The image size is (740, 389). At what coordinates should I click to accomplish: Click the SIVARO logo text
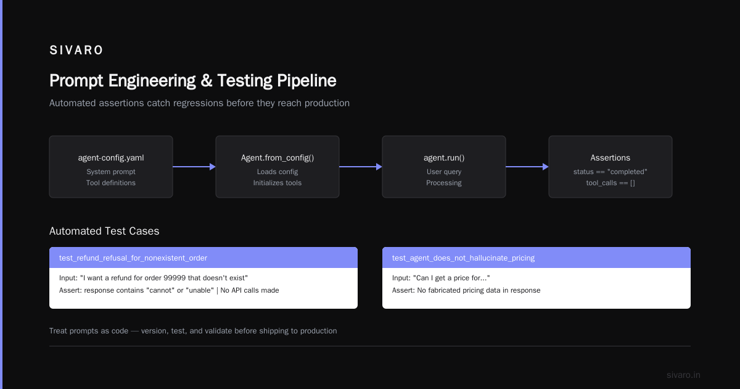pyautogui.click(x=76, y=50)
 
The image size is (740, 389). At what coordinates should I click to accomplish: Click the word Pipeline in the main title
pyautogui.click(x=306, y=81)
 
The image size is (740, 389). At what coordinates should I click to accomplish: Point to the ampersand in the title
pyautogui.click(x=207, y=81)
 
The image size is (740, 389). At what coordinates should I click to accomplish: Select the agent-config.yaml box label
pyautogui.click(x=111, y=158)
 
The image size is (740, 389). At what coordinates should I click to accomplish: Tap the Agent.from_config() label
pyautogui.click(x=277, y=158)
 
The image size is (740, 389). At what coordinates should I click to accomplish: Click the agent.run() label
pyautogui.click(x=444, y=158)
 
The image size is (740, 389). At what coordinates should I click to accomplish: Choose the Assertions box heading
pyautogui.click(x=610, y=158)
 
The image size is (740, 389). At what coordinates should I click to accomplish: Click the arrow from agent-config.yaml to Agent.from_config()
pyautogui.click(x=194, y=167)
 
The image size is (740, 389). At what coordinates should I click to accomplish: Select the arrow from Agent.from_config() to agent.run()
pyautogui.click(x=361, y=167)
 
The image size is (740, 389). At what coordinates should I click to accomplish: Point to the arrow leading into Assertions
pyautogui.click(x=527, y=167)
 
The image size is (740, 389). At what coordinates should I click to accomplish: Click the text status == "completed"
pyautogui.click(x=610, y=172)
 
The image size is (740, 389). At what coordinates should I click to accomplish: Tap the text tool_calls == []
pyautogui.click(x=610, y=183)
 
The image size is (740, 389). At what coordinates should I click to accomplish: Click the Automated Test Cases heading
pyautogui.click(x=104, y=231)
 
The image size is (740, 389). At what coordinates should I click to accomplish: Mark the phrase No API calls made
pyautogui.click(x=250, y=290)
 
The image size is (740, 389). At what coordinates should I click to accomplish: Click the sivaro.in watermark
pyautogui.click(x=683, y=375)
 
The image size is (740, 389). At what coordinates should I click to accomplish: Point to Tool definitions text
pyautogui.click(x=111, y=183)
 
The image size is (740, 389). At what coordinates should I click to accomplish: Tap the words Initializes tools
pyautogui.click(x=277, y=183)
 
